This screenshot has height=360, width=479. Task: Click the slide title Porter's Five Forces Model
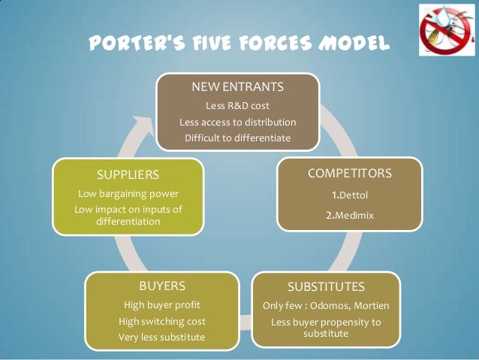(x=239, y=44)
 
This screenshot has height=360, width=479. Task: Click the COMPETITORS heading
(x=350, y=174)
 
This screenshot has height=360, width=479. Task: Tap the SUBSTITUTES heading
(x=326, y=287)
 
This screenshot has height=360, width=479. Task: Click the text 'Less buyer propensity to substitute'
(x=326, y=327)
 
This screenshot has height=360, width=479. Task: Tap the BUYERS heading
(x=162, y=286)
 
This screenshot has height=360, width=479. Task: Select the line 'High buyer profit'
(x=162, y=305)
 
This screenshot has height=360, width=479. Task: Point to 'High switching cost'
(x=162, y=321)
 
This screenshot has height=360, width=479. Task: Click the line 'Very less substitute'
(x=162, y=337)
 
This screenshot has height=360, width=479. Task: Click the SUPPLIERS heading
(x=128, y=174)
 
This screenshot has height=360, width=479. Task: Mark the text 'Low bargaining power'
(x=128, y=193)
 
